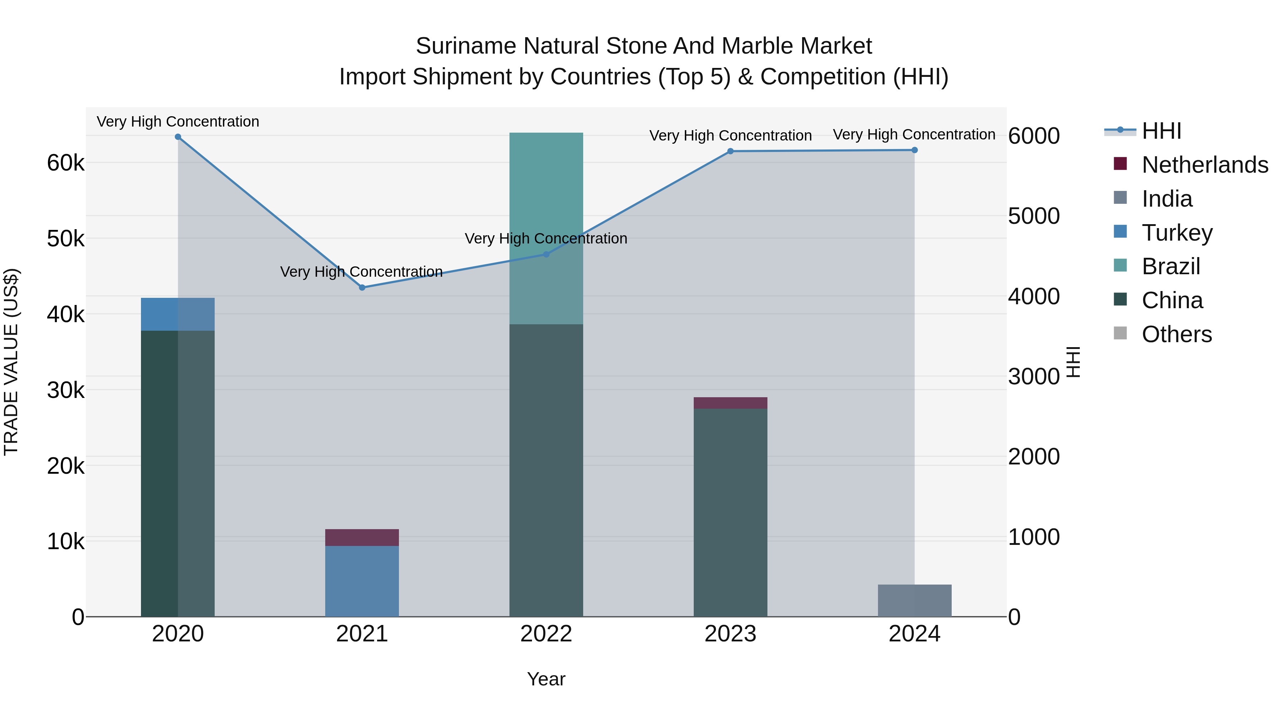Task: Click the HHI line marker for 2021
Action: pyautogui.click(x=362, y=287)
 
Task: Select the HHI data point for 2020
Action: pyautogui.click(x=178, y=137)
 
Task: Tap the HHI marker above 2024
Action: pyautogui.click(x=914, y=150)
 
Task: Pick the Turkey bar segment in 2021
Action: pyautogui.click(x=362, y=581)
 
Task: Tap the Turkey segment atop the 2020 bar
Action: pyautogui.click(x=178, y=314)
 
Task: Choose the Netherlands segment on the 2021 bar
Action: pyautogui.click(x=362, y=537)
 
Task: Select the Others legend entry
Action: pyautogui.click(x=1176, y=334)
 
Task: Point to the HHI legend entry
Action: pyautogui.click(x=1161, y=131)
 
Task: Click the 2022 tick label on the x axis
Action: pyautogui.click(x=546, y=634)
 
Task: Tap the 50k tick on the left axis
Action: pyautogui.click(x=65, y=239)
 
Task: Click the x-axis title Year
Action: pyautogui.click(x=546, y=679)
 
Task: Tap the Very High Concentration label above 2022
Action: pyautogui.click(x=546, y=238)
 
